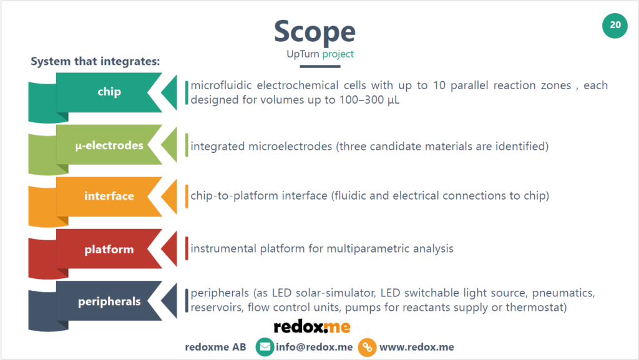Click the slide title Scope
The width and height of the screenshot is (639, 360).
coord(315,32)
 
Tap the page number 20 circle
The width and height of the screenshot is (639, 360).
coord(615,25)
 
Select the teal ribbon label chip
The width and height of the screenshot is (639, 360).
coord(109,92)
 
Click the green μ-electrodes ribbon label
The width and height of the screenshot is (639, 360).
coord(109,146)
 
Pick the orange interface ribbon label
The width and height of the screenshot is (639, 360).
coord(109,196)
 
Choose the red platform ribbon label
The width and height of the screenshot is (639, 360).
coord(109,250)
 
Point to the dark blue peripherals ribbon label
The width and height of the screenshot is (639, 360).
coord(109,302)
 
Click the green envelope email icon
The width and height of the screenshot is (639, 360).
coord(265,348)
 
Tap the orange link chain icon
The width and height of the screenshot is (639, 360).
coord(367,348)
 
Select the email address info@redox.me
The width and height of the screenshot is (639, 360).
coord(314,348)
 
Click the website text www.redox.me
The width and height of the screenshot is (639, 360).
coord(416,348)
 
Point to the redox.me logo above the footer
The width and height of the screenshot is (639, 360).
coord(312,326)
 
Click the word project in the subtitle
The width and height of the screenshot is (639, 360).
coord(338,54)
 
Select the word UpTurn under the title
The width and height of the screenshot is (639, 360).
coord(303,54)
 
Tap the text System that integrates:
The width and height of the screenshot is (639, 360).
coord(95,62)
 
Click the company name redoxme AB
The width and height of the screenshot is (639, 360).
coord(215,348)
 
